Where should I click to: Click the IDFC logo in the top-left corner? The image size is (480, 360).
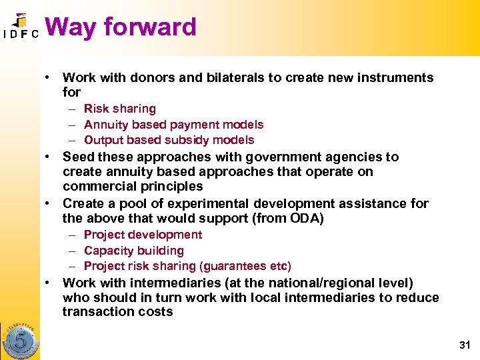point(20,27)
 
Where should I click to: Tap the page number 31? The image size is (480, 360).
point(464,345)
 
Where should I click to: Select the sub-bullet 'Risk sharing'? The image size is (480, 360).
point(120,109)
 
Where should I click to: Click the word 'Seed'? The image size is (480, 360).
point(78,157)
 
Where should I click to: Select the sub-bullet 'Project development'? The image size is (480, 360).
point(143,235)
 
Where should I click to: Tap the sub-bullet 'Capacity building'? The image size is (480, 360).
point(134,251)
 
